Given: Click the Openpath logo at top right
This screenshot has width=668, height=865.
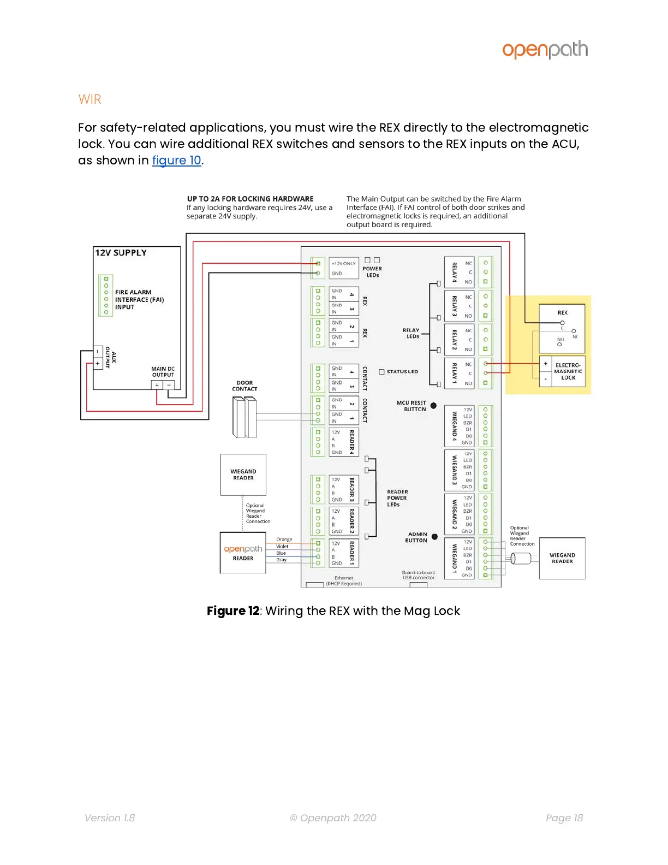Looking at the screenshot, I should pyautogui.click(x=545, y=50).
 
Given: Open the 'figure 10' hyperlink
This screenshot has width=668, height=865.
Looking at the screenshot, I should pyautogui.click(x=176, y=161).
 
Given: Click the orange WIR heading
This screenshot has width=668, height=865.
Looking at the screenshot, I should pyautogui.click(x=90, y=99).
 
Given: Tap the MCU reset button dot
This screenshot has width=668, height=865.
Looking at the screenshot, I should pyautogui.click(x=433, y=406).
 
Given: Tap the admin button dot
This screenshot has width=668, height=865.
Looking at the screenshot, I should pyautogui.click(x=434, y=537).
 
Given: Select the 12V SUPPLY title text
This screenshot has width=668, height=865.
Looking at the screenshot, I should pyautogui.click(x=121, y=253).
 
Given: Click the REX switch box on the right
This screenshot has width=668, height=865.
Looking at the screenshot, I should pyautogui.click(x=562, y=328).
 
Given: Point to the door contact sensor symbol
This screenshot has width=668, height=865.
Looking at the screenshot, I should pyautogui.click(x=244, y=417).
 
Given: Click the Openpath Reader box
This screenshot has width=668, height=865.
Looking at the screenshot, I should pyautogui.click(x=243, y=553).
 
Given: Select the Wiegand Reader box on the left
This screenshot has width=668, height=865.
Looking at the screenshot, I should pyautogui.click(x=243, y=475).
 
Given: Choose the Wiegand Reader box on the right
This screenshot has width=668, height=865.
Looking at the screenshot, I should pyautogui.click(x=562, y=558).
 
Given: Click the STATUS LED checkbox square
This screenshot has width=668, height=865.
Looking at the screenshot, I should pyautogui.click(x=382, y=372).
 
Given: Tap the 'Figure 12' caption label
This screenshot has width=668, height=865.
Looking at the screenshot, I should pyautogui.click(x=233, y=611).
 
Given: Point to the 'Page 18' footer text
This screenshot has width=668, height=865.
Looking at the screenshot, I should pyautogui.click(x=564, y=818).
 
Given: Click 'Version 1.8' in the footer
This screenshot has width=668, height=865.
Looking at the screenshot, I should pyautogui.click(x=110, y=818).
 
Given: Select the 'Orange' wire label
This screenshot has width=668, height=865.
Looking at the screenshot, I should pyautogui.click(x=284, y=540).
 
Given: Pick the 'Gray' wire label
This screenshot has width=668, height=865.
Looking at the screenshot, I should pyautogui.click(x=281, y=560).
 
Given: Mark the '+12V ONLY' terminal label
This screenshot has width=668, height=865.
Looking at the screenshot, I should pyautogui.click(x=343, y=263).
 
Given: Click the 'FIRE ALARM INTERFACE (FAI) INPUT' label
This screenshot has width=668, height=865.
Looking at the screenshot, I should pyautogui.click(x=139, y=300).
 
